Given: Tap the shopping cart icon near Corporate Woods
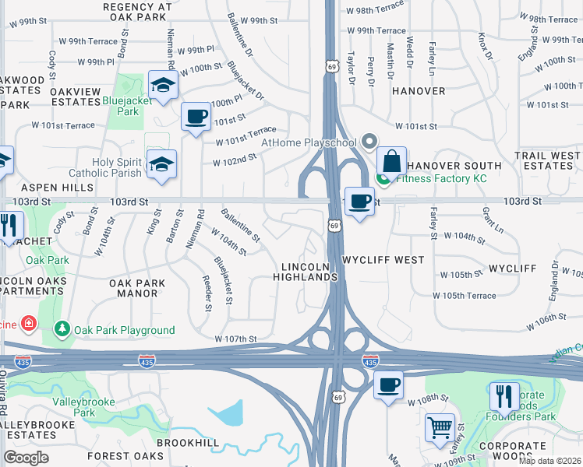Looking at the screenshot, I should tap(440, 427).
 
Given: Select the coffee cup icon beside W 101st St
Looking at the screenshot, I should tap(196, 117).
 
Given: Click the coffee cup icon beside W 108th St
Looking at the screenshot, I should tap(387, 384).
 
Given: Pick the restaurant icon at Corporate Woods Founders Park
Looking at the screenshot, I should tap(504, 395).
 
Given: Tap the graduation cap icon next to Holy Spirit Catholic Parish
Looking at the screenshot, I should tap(162, 164).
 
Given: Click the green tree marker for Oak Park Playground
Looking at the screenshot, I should tap(62, 330).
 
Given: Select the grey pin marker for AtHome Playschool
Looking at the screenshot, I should tap(369, 142).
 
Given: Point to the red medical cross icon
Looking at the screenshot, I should tap(29, 321).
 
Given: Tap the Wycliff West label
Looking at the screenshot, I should tap(372, 259).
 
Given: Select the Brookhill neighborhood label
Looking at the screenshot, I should tap(188, 441).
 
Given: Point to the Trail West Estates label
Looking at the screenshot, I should tap(547, 161).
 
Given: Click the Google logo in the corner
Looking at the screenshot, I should tap(26, 458).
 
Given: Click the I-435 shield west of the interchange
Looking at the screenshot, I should tap(146, 360).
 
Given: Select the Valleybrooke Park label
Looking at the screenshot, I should tap(83, 407).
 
